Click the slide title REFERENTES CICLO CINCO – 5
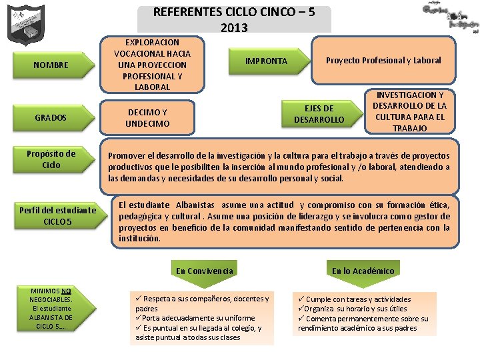[233, 12]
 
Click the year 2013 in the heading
[233, 27]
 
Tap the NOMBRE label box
[51, 65]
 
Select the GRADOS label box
[51, 117]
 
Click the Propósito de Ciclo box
[51, 159]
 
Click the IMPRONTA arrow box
[266, 61]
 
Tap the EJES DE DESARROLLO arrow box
[319, 113]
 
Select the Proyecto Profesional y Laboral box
[383, 60]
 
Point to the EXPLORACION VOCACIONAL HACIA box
[152, 64]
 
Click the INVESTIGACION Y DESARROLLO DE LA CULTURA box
[409, 111]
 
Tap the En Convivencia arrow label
[204, 271]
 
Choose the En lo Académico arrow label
[363, 271]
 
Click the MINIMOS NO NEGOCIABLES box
[51, 308]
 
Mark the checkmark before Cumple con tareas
[301, 299]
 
